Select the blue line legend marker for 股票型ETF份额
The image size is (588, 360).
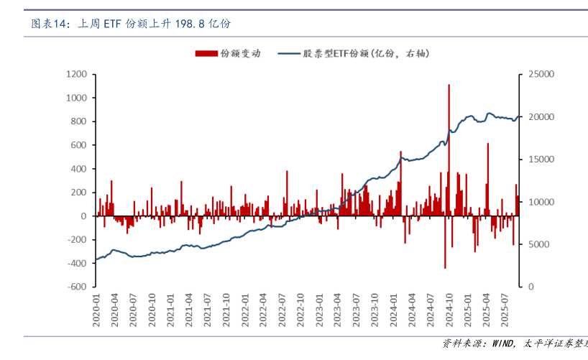pos(287,53)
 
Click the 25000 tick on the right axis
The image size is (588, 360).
pos(541,74)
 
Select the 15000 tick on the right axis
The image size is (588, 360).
pos(541,159)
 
